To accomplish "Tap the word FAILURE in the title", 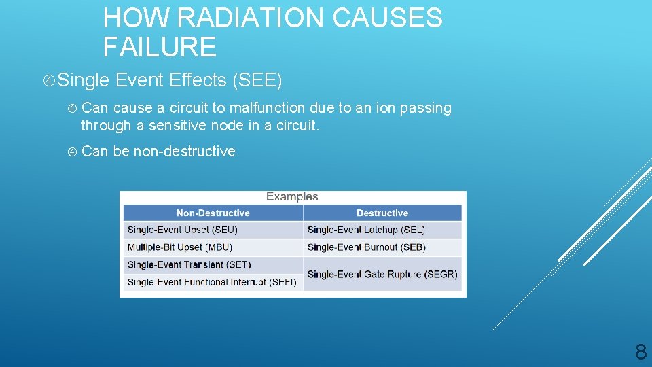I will point(160,47).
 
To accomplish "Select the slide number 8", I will point(640,351).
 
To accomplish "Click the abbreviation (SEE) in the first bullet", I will point(257,80).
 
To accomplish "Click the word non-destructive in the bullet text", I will point(184,152).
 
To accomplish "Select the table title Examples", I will point(292,196).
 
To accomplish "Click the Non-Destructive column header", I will point(213,213).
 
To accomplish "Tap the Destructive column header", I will point(382,213).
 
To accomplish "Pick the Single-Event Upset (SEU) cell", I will point(183,230).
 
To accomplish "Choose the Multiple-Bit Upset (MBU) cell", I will point(180,247).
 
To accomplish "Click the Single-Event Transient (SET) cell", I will point(189,264).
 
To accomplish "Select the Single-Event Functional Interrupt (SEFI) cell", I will point(212,282).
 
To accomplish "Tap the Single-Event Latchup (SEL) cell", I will point(366,230).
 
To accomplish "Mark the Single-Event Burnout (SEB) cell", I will point(367,247).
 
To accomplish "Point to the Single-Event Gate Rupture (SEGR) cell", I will point(382,274).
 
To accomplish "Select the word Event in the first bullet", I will point(139,80).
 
